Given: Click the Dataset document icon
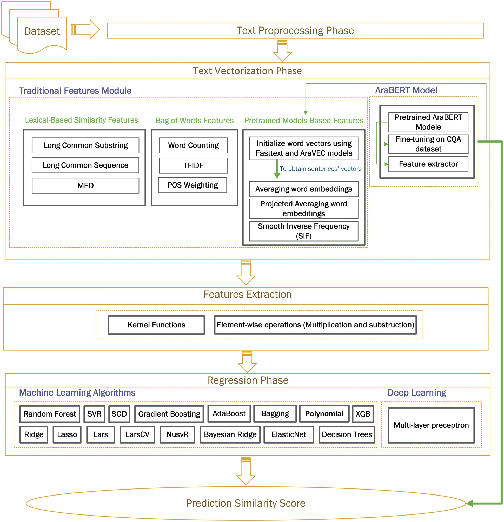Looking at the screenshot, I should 42,31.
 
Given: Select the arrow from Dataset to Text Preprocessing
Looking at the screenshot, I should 85,29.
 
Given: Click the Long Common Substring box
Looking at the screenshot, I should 85,145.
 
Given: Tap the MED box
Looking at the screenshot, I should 85,186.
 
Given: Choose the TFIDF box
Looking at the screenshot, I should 193,166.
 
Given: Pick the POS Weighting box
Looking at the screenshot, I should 193,185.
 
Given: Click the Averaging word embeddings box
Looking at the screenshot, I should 304,189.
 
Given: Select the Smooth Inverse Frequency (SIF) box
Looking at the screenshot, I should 304,231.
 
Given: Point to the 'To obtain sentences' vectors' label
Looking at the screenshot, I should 321,169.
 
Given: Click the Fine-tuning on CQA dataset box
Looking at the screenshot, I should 428,144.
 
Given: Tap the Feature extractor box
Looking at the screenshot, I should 428,164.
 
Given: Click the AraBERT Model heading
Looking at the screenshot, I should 406,90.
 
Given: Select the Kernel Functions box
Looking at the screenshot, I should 156,325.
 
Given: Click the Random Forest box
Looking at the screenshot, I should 50,414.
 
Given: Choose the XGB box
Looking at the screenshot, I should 363,414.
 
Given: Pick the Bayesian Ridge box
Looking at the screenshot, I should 230,434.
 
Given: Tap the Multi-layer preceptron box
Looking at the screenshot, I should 431,425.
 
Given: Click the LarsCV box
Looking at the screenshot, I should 137,434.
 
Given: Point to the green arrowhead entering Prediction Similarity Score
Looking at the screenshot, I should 470,503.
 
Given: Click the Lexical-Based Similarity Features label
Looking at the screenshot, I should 82,120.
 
